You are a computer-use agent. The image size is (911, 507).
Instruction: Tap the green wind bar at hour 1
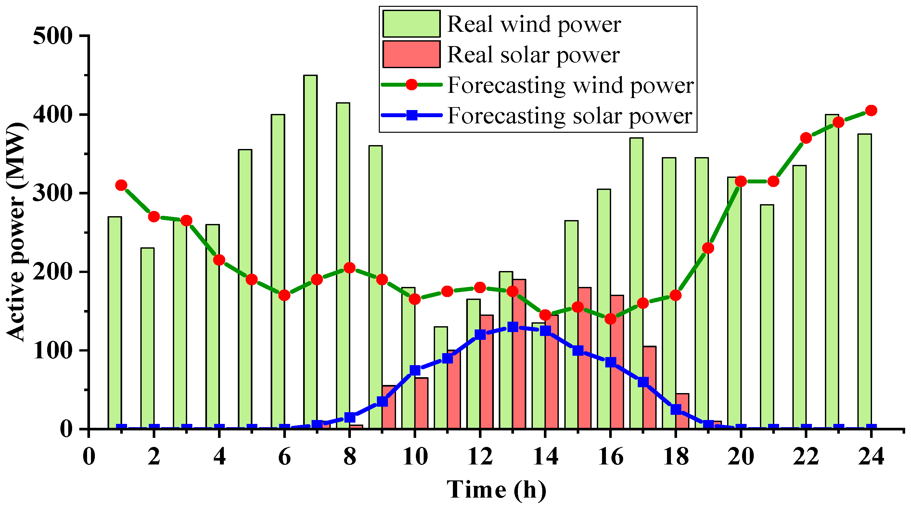pos(115,322)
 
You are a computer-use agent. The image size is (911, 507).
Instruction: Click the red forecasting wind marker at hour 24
pos(871,111)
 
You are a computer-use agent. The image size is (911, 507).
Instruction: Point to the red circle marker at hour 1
pos(121,185)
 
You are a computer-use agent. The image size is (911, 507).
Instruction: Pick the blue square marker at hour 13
pos(512,327)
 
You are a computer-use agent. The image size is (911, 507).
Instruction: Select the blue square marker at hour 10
pos(415,370)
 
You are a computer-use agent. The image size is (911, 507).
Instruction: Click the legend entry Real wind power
pos(534,24)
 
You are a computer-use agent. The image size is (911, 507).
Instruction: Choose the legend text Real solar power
pos(533,55)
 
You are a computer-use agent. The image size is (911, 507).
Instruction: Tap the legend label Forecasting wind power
pos(570,85)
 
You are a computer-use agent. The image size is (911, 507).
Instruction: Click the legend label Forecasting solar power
pos(569,116)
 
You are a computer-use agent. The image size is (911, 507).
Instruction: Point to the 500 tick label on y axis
pos(53,36)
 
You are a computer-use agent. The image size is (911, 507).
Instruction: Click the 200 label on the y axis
pos(53,272)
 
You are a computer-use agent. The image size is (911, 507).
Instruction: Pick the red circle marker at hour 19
pos(708,248)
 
